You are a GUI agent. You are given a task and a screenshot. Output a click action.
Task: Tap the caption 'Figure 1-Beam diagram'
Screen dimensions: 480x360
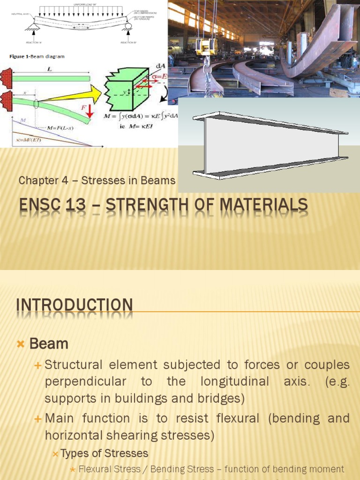pos(37,57)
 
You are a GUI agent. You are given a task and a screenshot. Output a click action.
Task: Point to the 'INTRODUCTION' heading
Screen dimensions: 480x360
pos(75,305)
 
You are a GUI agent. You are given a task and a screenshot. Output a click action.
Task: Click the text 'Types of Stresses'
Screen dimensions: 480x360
pos(105,453)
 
